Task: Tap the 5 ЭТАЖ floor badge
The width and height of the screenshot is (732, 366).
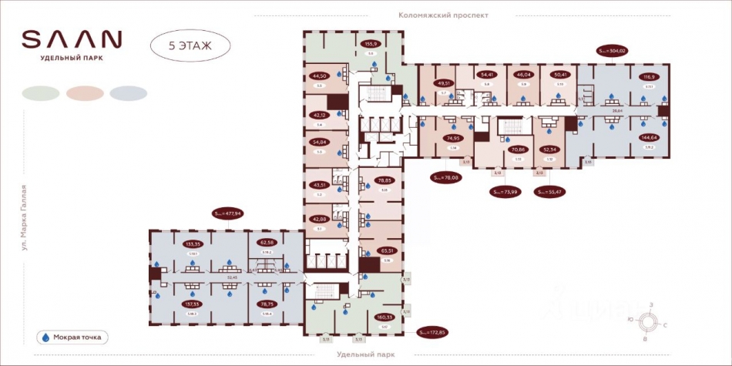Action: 190,43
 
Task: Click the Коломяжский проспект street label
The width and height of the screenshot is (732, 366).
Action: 443,15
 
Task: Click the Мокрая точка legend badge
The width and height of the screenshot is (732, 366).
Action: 73,337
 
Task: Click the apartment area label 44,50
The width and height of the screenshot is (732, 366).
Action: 319,76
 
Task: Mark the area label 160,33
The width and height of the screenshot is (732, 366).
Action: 384,317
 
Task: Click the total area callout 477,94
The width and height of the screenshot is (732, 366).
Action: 228,213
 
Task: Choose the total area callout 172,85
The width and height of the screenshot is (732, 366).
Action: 432,333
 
